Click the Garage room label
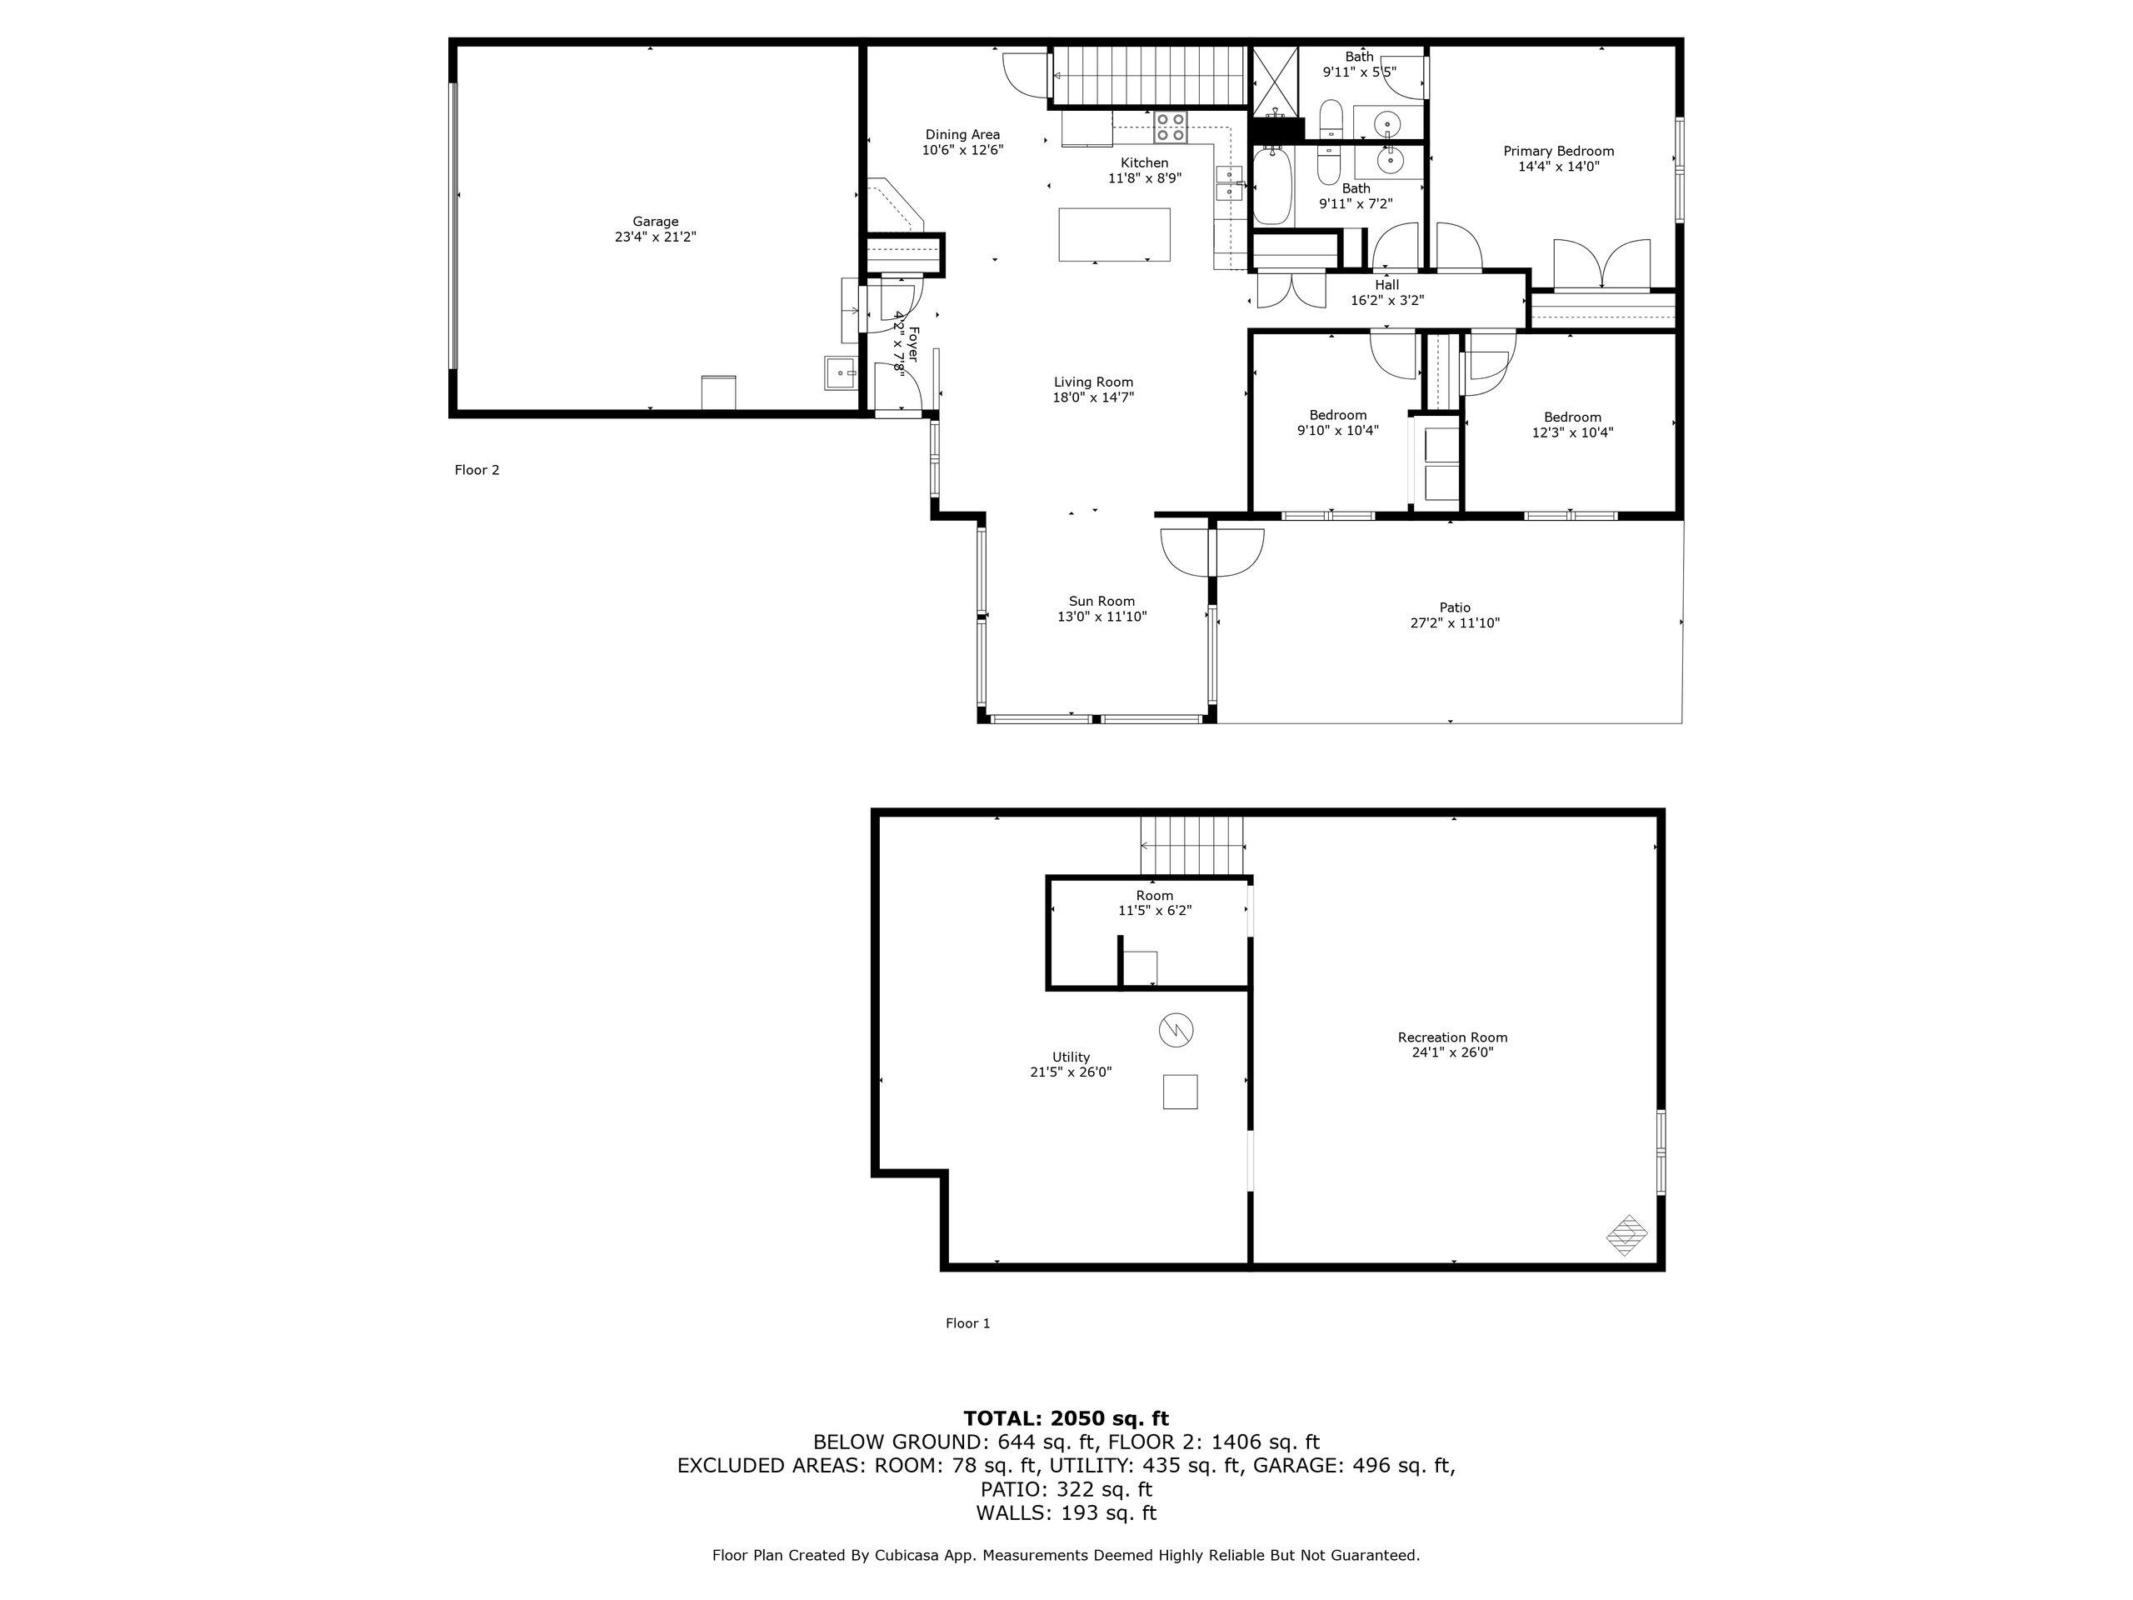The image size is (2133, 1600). pos(655,222)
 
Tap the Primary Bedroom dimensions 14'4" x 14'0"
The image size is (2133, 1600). pos(1558,167)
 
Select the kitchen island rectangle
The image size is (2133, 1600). pos(1115,234)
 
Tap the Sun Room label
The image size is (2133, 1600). pos(1101,601)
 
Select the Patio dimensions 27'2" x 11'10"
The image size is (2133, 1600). pos(1454,623)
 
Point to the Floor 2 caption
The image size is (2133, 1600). pos(477,471)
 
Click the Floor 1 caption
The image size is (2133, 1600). pos(967,1323)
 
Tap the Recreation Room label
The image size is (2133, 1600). pos(1452,1037)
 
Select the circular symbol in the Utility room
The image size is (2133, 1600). pos(1176,1030)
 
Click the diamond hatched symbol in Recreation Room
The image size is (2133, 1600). pos(1626,1234)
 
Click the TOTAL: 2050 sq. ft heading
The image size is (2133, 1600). pos(1066,1418)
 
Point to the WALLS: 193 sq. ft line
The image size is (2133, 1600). pos(1066,1513)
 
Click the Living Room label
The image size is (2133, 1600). pos(1092,382)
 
